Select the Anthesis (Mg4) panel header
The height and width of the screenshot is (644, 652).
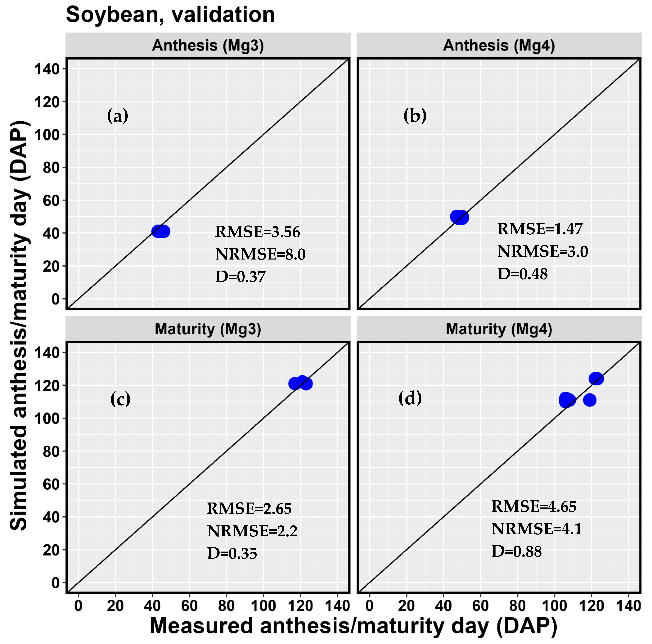pos(499,45)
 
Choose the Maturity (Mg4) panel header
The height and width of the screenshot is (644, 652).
pos(499,329)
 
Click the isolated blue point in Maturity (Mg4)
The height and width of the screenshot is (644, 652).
pos(589,400)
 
